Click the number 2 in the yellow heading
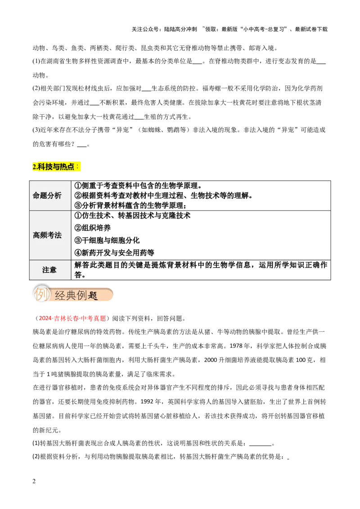(x=34, y=167)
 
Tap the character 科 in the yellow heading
(x=41, y=167)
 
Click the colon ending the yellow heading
(x=77, y=166)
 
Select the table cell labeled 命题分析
(x=50, y=196)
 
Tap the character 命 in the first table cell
(x=36, y=196)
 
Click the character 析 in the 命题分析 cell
(x=58, y=196)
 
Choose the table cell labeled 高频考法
(x=50, y=235)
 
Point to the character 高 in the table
(x=36, y=235)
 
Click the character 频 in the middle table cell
(x=44, y=235)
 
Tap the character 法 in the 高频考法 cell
(x=58, y=235)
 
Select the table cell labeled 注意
(x=50, y=270)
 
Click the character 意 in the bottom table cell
(x=53, y=270)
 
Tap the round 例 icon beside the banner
(x=41, y=295)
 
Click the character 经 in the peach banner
(x=60, y=295)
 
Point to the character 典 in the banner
(x=71, y=295)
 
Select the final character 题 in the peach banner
(x=93, y=295)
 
